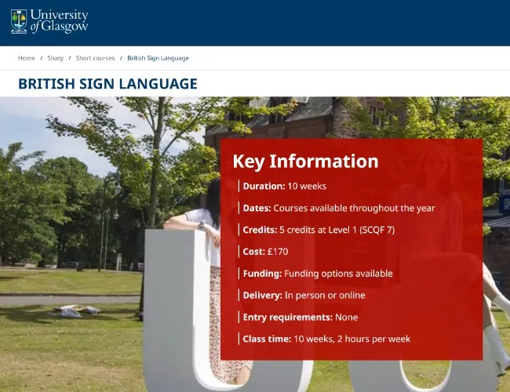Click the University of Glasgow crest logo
click(19, 21)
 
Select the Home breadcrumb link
click(27, 58)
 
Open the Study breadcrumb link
click(55, 58)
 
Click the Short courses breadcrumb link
click(95, 58)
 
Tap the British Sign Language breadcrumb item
click(158, 58)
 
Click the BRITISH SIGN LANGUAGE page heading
click(107, 84)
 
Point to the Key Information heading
click(305, 162)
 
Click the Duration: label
click(264, 186)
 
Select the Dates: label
click(257, 208)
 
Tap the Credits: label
click(260, 230)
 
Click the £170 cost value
click(277, 252)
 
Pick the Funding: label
click(262, 274)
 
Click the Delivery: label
click(262, 295)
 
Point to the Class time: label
click(267, 339)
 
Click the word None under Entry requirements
click(346, 317)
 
